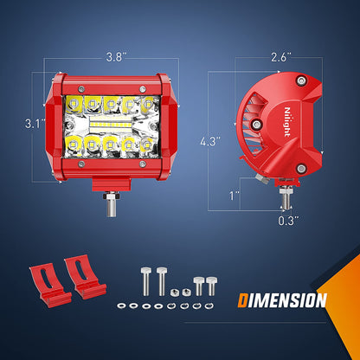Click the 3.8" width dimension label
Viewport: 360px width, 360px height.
tap(114, 57)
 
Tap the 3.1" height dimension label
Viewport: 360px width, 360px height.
tap(35, 124)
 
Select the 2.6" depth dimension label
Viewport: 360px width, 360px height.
tap(280, 57)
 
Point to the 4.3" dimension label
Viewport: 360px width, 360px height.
tap(210, 141)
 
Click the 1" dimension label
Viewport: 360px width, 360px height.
tap(235, 196)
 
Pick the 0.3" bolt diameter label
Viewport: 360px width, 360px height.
tap(288, 221)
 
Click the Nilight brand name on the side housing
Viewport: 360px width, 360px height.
tap(287, 122)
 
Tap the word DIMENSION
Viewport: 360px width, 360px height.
tap(282, 300)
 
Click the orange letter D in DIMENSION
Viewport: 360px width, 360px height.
tap(243, 300)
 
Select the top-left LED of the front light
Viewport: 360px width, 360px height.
tap(74, 103)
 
